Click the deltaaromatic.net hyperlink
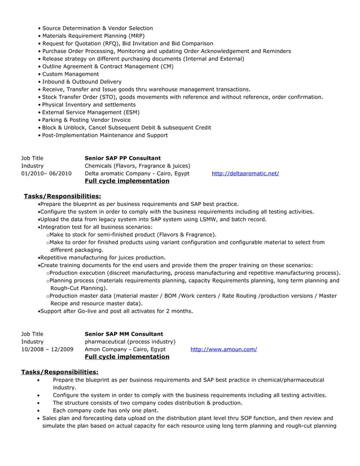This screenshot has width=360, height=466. (245, 174)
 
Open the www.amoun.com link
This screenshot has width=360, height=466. (223, 350)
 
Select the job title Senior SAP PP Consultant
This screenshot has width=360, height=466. (122, 159)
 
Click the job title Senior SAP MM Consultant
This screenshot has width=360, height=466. (124, 335)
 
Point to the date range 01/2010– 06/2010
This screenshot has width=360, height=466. (46, 174)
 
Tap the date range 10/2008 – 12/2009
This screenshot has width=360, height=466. (47, 350)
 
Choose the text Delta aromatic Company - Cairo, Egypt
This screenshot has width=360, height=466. (137, 174)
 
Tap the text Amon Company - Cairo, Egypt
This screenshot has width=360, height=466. (125, 350)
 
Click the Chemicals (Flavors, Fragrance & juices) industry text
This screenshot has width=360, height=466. (137, 166)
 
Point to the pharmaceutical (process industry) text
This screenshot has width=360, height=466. (130, 342)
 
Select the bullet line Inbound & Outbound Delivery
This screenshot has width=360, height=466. (82, 82)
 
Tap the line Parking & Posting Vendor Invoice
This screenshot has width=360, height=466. (86, 120)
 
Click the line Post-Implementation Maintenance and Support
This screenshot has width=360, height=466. (105, 135)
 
